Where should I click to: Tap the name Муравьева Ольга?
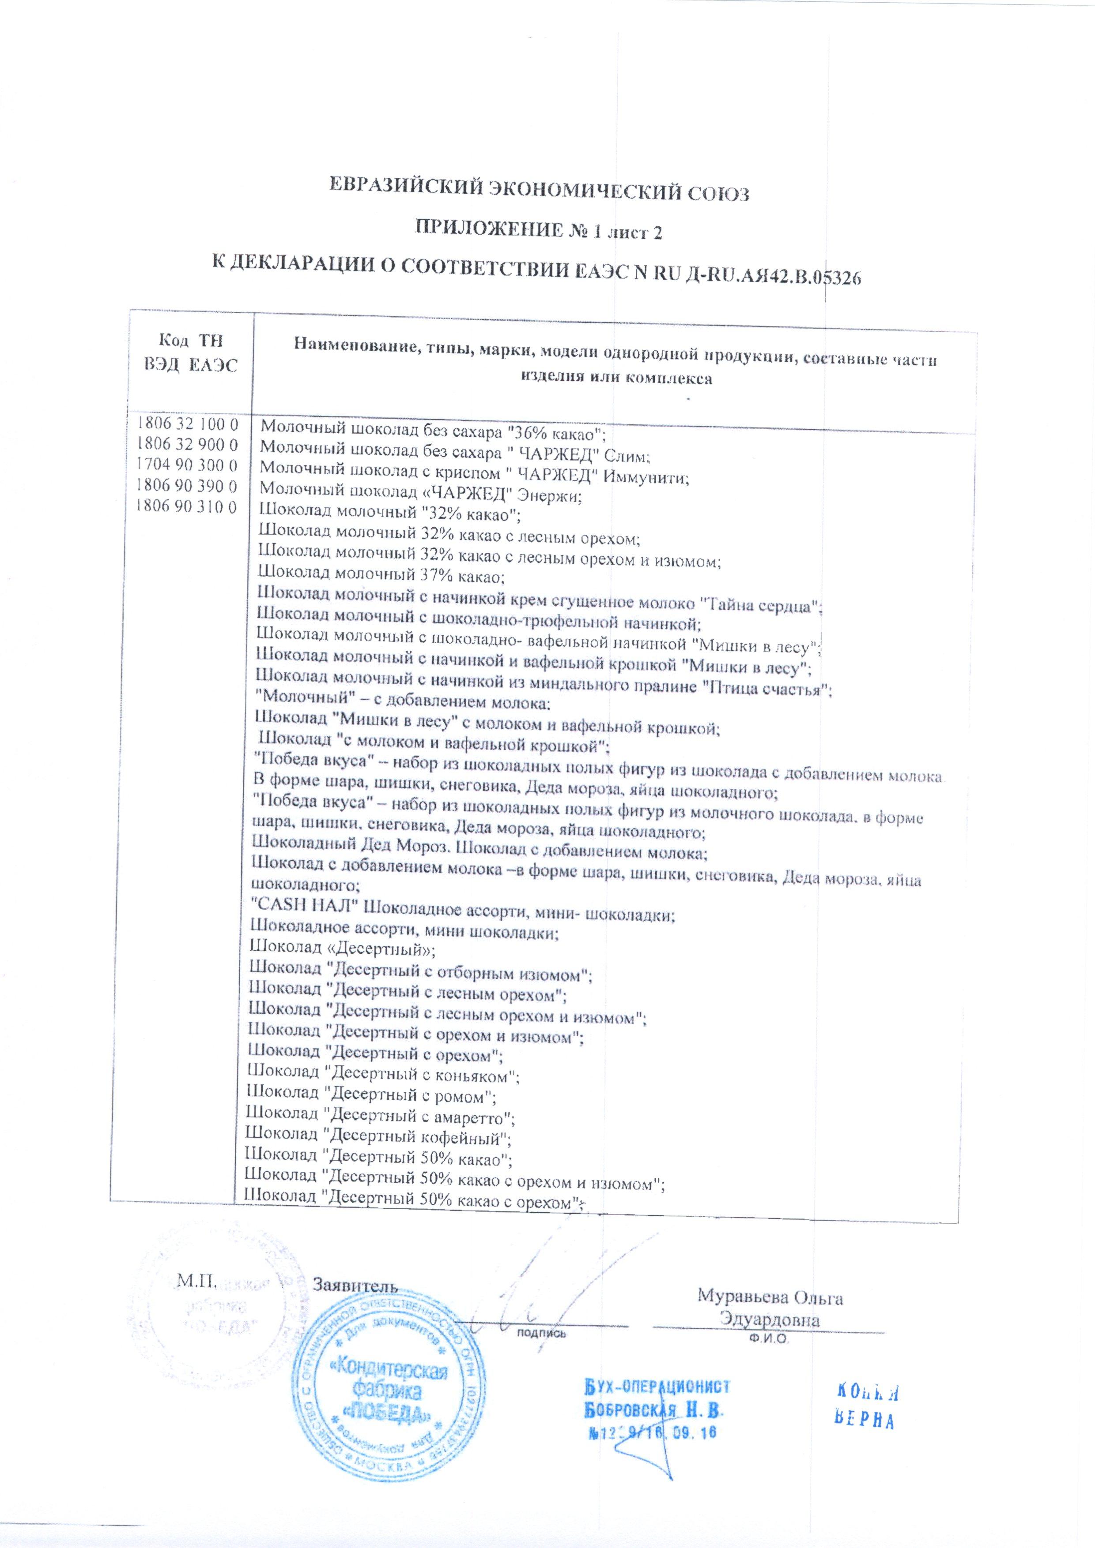click(770, 1296)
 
